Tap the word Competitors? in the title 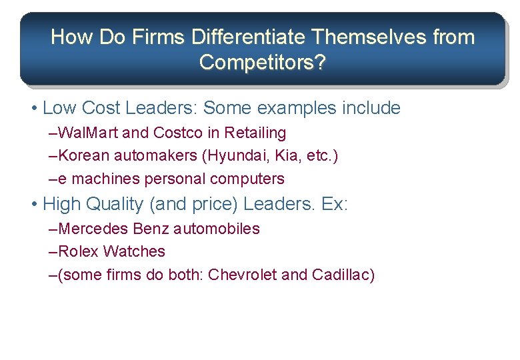(x=263, y=63)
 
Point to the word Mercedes (x=94, y=229)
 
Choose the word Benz (x=151, y=229)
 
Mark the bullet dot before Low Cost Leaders (x=34, y=108)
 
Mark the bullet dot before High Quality (x=34, y=204)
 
